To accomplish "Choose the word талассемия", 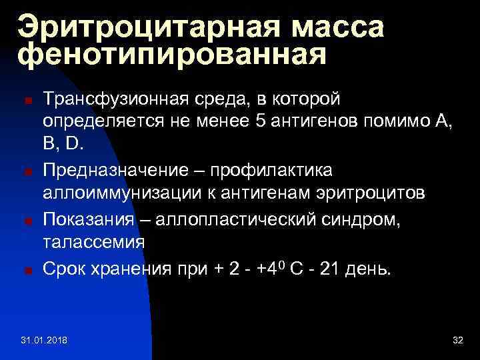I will pos(93,242).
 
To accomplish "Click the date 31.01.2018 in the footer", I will pos(48,340).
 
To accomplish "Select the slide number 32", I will pos(457,340).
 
